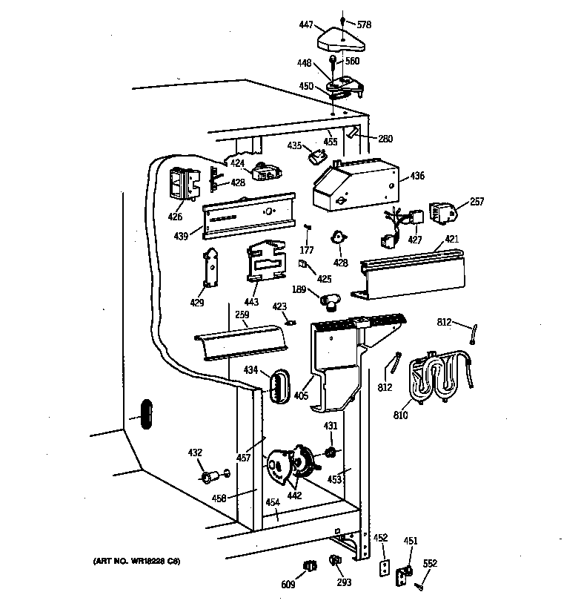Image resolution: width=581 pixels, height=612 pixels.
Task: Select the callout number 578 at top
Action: (363, 24)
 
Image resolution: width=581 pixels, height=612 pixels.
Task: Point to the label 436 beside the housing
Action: (417, 177)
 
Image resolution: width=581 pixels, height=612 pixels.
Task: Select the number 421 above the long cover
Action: (452, 240)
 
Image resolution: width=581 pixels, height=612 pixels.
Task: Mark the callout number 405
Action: (300, 395)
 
